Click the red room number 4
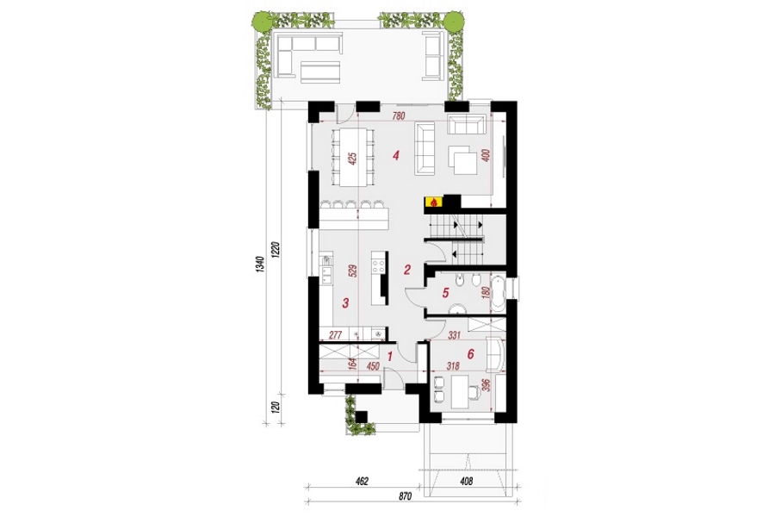(395, 156)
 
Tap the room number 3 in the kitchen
(345, 302)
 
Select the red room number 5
(445, 293)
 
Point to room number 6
(470, 354)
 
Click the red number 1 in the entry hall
(389, 355)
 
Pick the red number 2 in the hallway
(407, 270)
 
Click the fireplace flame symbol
(433, 202)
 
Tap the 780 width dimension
(399, 117)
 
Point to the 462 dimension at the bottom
(363, 481)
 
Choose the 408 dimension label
(466, 481)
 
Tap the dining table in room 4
(352, 158)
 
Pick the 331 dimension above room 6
(454, 335)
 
